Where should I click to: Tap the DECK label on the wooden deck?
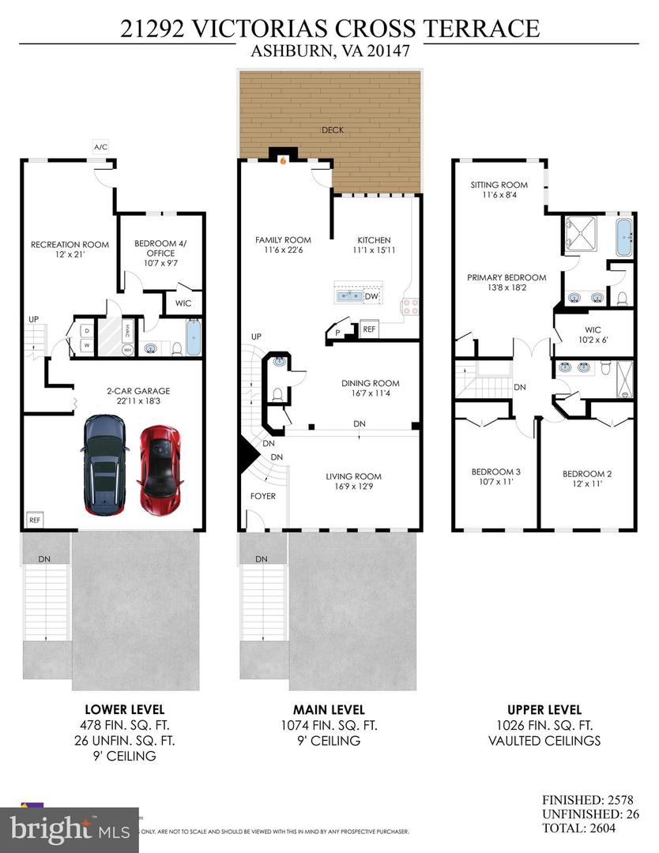(x=332, y=130)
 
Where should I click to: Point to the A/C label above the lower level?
(x=100, y=147)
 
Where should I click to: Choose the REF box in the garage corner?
(x=34, y=520)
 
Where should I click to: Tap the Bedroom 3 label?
(x=495, y=477)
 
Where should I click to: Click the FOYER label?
(x=262, y=496)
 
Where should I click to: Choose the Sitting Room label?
(x=499, y=190)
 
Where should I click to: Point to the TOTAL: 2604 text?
(x=589, y=829)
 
